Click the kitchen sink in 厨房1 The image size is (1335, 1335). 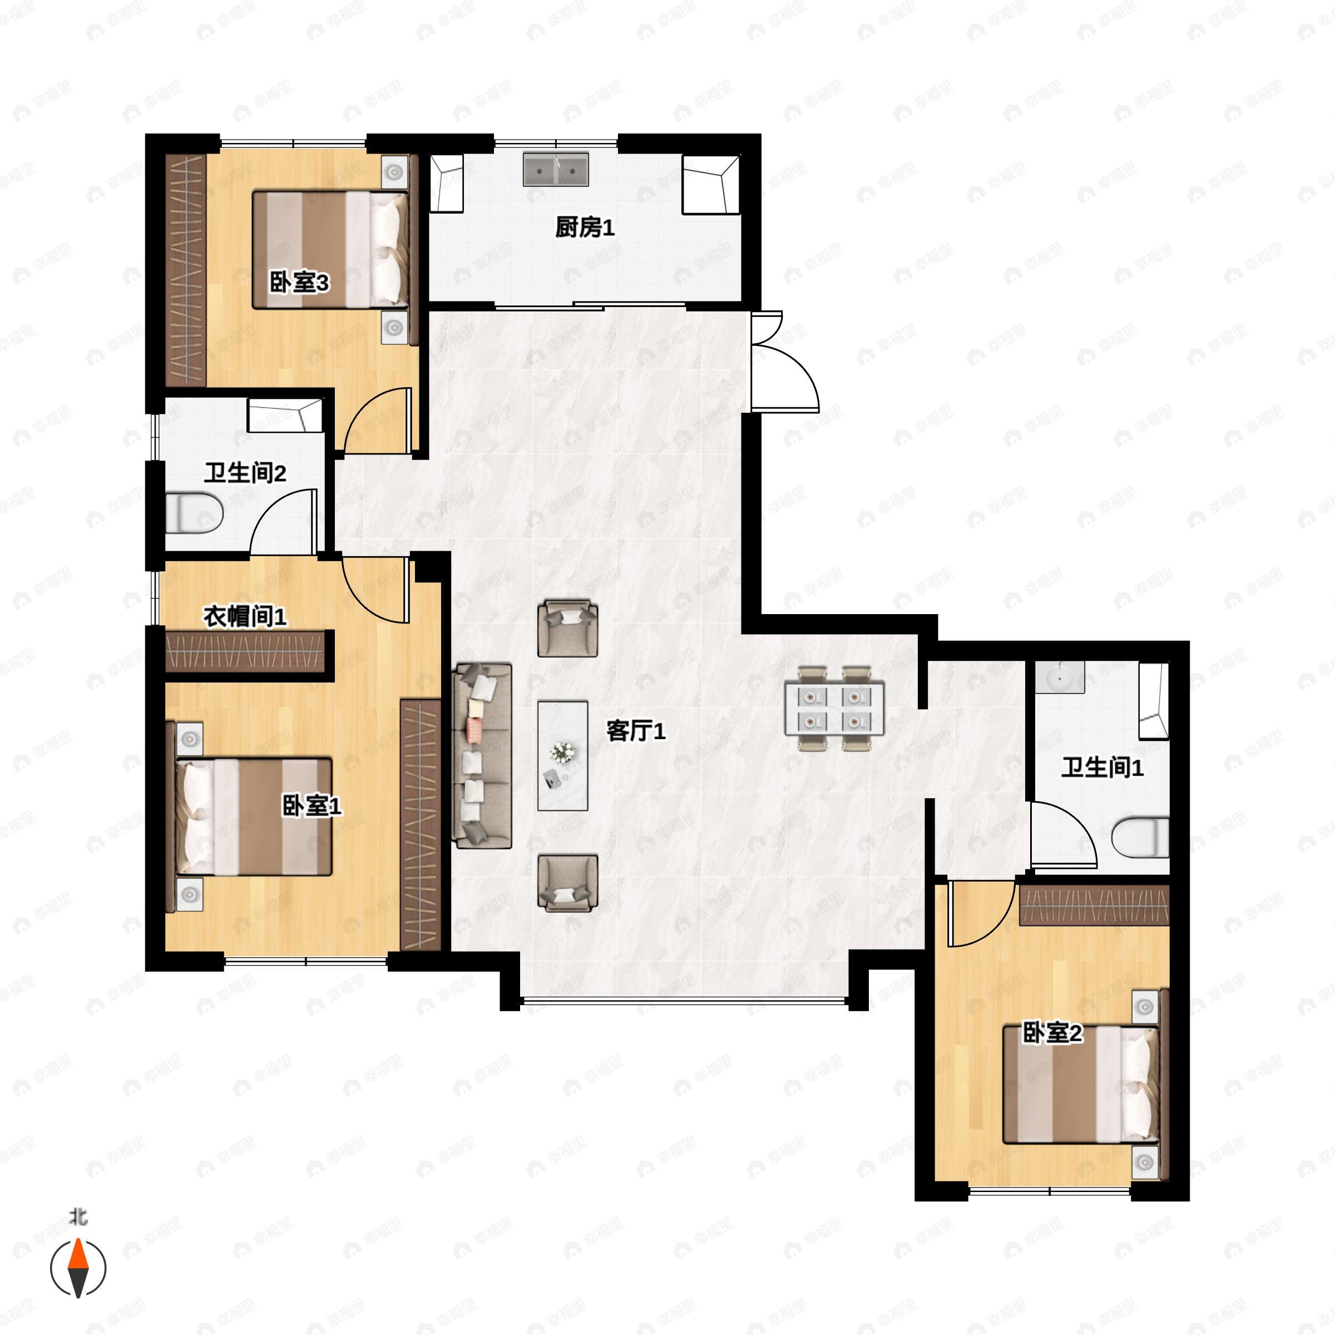coord(556,169)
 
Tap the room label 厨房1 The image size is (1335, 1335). coord(585,228)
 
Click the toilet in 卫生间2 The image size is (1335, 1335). coord(194,512)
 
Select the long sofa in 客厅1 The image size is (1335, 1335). coord(482,755)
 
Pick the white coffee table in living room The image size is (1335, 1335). coord(563,755)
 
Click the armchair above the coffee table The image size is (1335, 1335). coord(567,627)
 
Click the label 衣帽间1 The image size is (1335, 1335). coord(245,616)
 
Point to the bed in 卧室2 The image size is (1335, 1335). coord(1081,1084)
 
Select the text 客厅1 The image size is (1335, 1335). coord(636,730)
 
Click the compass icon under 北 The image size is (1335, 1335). coord(78,1268)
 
